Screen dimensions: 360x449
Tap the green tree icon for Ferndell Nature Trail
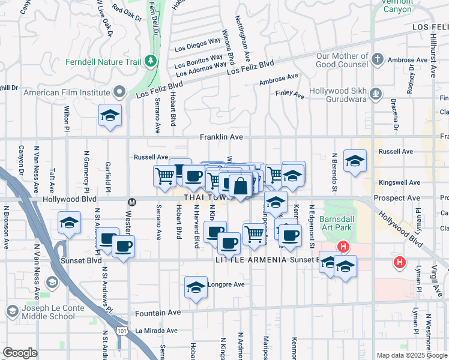[x=149, y=61]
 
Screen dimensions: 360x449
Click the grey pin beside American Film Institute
[x=119, y=92]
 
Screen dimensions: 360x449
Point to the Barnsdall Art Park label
[x=339, y=224]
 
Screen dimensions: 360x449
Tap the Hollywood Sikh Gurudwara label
[x=339, y=93]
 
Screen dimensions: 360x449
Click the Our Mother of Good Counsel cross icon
[x=377, y=59]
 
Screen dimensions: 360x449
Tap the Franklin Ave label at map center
[x=222, y=137]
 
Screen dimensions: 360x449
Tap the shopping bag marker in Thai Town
[x=240, y=186]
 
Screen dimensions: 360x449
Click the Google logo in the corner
[x=20, y=353]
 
